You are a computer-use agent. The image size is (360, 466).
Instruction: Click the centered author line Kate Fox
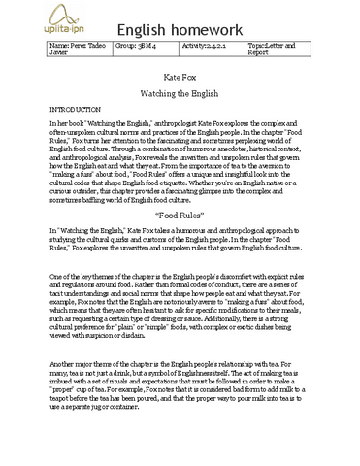178,74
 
